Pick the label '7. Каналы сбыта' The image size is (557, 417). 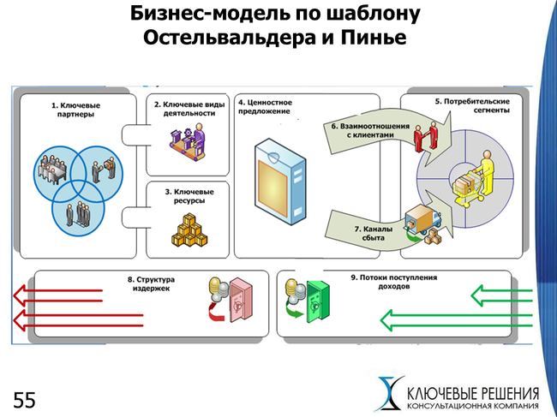(x=375, y=234)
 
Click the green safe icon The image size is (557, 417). (x=314, y=299)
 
